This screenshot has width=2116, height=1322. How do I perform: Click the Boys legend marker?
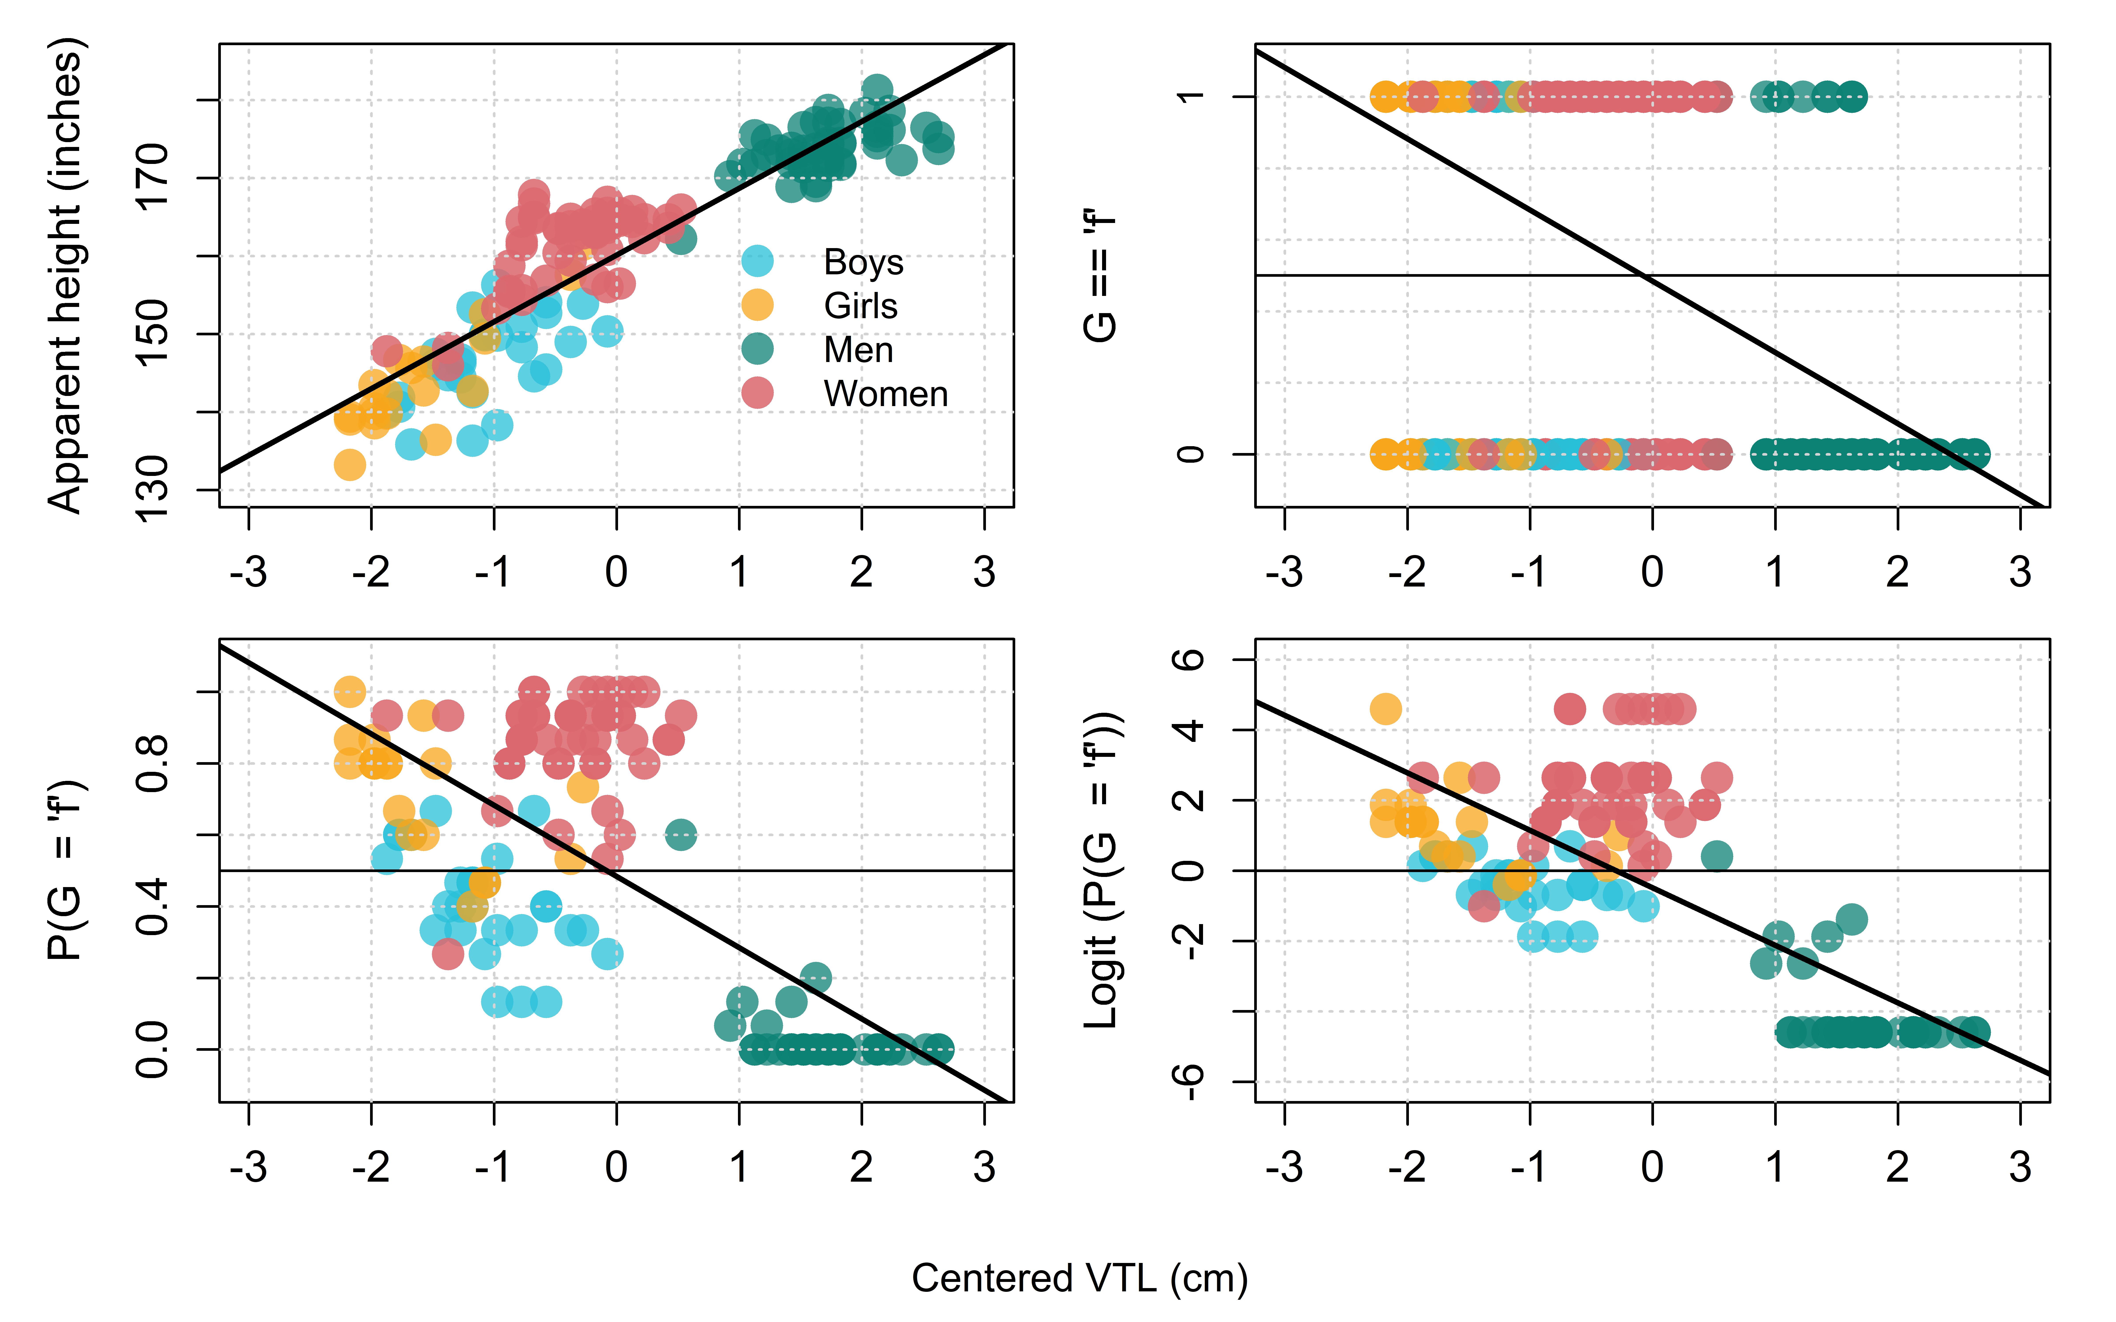[757, 262]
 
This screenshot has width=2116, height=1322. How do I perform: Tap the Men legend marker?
[757, 349]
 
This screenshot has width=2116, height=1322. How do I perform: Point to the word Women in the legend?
[886, 394]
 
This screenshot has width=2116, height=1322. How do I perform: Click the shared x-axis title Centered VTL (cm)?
[1080, 1278]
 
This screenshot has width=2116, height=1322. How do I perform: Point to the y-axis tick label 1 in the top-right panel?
[1189, 96]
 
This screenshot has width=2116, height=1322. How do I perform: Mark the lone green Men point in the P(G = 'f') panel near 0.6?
[680, 835]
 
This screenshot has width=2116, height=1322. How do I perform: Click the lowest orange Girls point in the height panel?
[350, 464]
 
